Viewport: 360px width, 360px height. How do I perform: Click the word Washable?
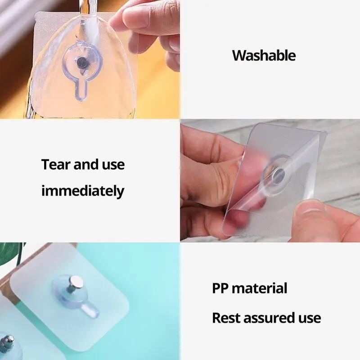coord(264,56)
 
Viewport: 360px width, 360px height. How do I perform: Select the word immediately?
coord(83,191)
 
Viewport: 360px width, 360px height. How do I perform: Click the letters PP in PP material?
coord(220,288)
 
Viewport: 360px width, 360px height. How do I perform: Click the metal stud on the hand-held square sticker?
coord(279,173)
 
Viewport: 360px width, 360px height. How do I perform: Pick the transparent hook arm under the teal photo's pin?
coord(90,308)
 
